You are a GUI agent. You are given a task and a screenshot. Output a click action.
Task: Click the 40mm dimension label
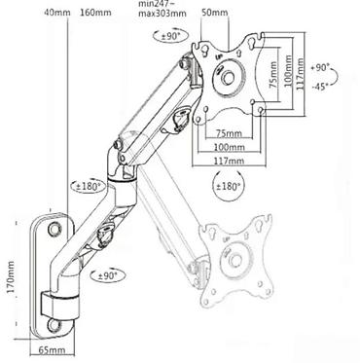point(57,13)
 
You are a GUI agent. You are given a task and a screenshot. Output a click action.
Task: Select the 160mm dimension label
point(95,13)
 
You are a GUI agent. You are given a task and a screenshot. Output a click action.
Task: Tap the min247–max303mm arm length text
point(162,9)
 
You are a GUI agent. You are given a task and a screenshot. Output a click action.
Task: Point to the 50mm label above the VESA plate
point(214,13)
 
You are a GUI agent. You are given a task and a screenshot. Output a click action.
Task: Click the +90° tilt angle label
point(320,67)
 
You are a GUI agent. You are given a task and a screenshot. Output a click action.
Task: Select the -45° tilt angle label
point(320,87)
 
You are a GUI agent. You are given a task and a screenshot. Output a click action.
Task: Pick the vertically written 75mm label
point(273,75)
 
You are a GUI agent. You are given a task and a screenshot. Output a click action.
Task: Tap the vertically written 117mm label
point(300,75)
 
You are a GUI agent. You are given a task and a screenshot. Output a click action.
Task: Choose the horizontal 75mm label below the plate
point(229,133)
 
